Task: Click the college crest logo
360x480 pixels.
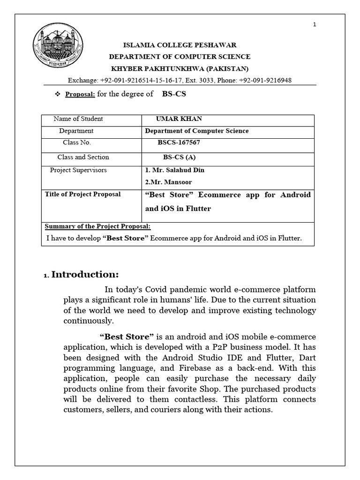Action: (52, 47)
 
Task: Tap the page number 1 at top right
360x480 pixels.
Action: (315, 25)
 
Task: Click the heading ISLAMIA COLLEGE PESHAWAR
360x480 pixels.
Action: (180, 45)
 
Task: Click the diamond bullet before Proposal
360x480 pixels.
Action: (58, 94)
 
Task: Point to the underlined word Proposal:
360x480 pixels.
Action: (80, 94)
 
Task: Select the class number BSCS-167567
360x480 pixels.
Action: (182, 142)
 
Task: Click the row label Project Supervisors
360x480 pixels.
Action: (78, 170)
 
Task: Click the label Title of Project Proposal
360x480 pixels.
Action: (82, 195)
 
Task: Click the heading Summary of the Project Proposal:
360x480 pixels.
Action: (97, 226)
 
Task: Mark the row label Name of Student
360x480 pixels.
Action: (78, 119)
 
